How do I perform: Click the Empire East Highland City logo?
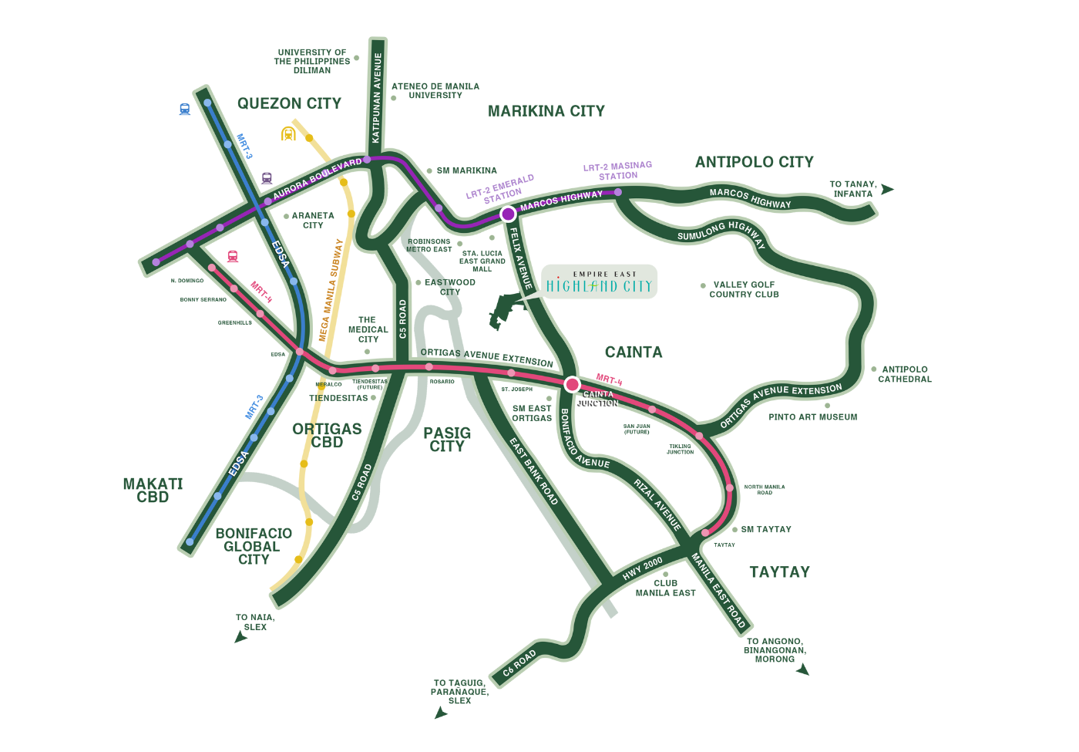[599, 282]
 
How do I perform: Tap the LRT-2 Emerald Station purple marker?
[508, 214]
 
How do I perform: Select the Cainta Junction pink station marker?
[572, 384]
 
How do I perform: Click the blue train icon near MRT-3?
[185, 110]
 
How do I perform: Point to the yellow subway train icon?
[288, 133]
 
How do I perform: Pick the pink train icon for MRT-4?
[233, 256]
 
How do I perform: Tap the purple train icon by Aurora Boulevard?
[267, 178]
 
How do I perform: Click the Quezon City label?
[289, 103]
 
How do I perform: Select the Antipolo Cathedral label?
[905, 374]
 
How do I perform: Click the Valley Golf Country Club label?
[744, 289]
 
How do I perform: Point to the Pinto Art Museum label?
[812, 417]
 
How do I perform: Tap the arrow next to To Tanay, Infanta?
[887, 189]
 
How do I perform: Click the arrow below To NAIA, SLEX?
[241, 637]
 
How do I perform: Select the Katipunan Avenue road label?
[377, 97]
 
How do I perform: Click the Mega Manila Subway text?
[331, 290]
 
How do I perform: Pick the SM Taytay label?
[765, 529]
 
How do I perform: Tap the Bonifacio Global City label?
[254, 546]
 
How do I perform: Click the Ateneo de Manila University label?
[435, 91]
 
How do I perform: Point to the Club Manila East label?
[665, 588]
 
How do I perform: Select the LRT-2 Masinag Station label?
[617, 170]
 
